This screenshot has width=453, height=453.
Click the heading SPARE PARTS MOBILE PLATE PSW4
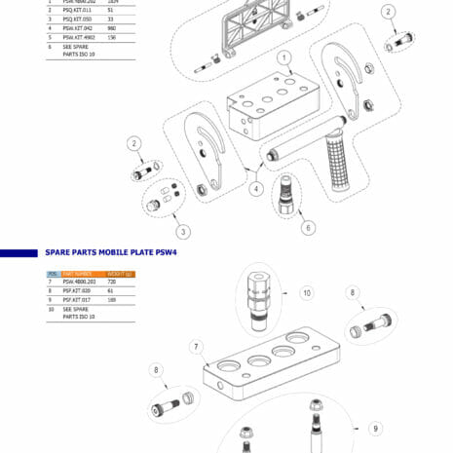tap(118, 252)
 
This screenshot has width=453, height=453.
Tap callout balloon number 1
tap(283, 57)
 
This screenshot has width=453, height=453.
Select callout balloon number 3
tap(182, 231)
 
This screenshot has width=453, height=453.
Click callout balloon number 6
tap(309, 228)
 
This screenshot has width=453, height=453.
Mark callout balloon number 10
tap(306, 291)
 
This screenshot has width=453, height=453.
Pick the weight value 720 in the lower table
tap(111, 282)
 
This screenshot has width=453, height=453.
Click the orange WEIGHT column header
tap(121, 274)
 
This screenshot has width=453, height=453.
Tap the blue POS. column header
tap(53, 274)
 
